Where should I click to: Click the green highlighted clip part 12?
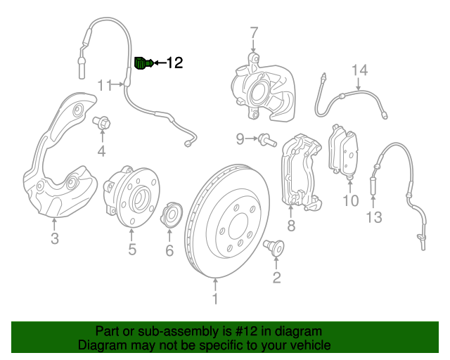[x=143, y=63]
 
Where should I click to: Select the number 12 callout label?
[x=174, y=63]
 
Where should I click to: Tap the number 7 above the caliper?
[x=254, y=34]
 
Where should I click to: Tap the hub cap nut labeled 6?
[x=169, y=215]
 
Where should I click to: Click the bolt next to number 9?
[x=266, y=139]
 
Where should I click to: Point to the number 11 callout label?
[x=105, y=85]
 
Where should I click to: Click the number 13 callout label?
[x=373, y=217]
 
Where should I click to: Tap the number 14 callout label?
[x=359, y=70]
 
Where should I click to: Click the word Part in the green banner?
[x=108, y=331]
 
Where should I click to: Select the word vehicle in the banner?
[x=308, y=345]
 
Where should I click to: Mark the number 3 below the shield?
[x=55, y=239]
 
